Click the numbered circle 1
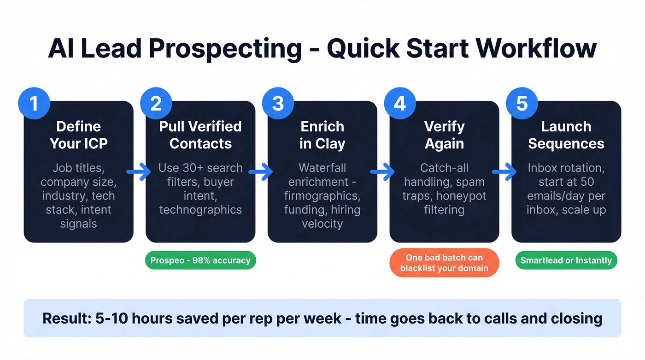pos(34,104)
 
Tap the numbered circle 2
pos(156,104)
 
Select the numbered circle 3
pos(278,104)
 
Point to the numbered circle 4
pos(400,104)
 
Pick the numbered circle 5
pos(522,104)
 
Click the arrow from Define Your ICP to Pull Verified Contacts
pos(139,172)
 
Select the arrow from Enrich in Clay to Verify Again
pos(383,172)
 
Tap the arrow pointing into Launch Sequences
pos(504,172)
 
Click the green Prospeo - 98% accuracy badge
pos(200,260)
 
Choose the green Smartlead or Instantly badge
pos(566,260)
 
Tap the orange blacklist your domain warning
pos(444,263)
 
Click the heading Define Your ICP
pos(78,135)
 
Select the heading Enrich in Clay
pos(322,135)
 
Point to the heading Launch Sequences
pos(566,135)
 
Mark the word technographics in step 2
pos(200,210)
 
